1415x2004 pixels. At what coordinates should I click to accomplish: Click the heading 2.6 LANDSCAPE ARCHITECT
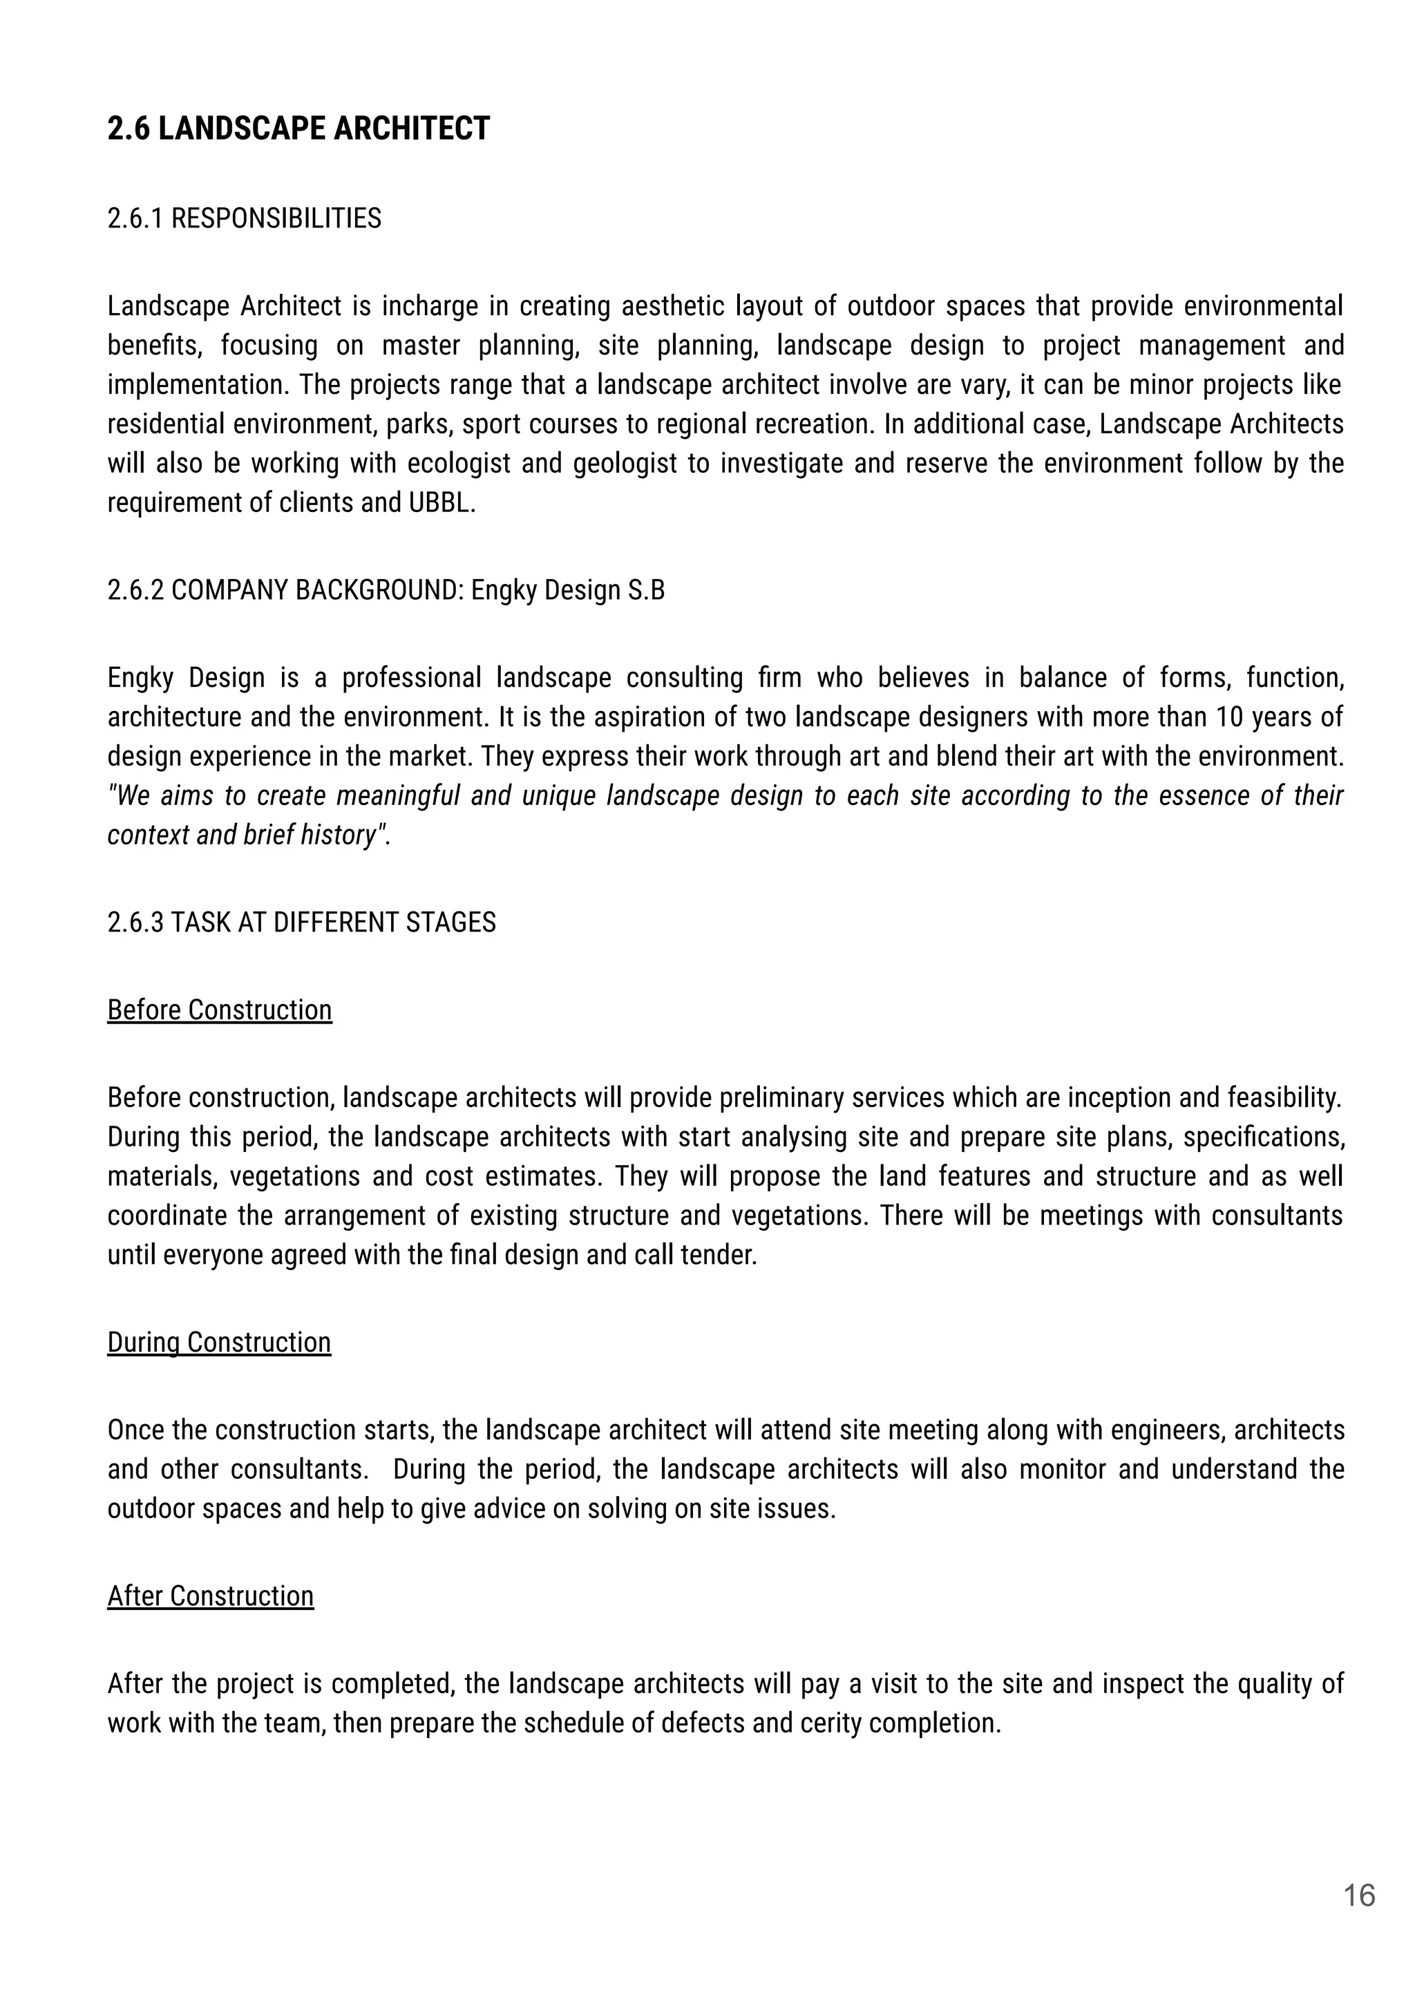coord(298,129)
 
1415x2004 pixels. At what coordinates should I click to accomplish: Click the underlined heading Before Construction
coord(219,1010)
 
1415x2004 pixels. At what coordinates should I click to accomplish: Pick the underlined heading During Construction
coord(218,1341)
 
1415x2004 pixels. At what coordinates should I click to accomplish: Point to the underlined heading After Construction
coord(209,1596)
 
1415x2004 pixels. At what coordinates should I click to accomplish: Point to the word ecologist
coord(458,464)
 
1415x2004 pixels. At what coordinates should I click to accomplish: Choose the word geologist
coord(624,464)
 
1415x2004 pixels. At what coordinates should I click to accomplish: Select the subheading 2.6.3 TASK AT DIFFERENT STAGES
coord(301,923)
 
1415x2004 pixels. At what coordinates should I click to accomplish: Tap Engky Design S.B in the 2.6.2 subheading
coord(567,591)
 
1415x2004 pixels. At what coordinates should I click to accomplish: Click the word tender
coord(725,1254)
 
